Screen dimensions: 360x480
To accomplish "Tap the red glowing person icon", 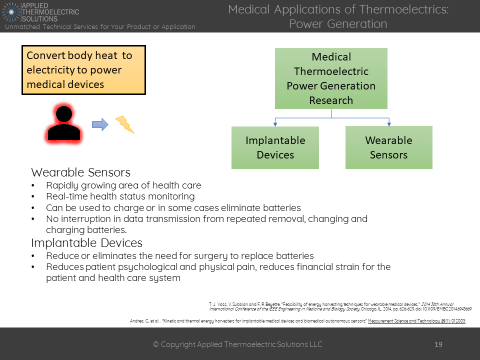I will click(x=63, y=123).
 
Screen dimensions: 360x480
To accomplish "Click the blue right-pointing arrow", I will click(x=100, y=124).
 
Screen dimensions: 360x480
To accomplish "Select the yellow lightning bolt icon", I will click(x=125, y=124).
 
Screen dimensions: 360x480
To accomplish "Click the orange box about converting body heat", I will click(x=83, y=70).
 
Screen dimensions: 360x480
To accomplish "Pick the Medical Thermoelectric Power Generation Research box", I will click(x=331, y=78).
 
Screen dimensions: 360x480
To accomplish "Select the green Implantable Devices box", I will click(x=275, y=147).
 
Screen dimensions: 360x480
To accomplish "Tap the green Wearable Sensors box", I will click(x=388, y=147).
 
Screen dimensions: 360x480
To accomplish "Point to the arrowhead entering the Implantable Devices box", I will click(x=275, y=123).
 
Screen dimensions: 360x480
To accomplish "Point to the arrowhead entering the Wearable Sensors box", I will click(x=388, y=123).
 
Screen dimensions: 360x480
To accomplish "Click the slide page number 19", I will click(x=438, y=344).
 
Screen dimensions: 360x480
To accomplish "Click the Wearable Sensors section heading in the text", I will click(x=80, y=172).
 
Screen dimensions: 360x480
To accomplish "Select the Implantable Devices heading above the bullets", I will click(x=86, y=243).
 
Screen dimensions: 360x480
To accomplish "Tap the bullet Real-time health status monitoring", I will click(x=120, y=196).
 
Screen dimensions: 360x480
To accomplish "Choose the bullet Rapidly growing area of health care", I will click(x=123, y=185).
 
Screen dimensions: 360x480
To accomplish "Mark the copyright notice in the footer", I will click(x=237, y=344).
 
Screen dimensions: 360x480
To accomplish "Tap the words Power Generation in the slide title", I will click(x=338, y=23).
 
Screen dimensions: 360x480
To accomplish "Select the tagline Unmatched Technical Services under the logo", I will click(x=100, y=27).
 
